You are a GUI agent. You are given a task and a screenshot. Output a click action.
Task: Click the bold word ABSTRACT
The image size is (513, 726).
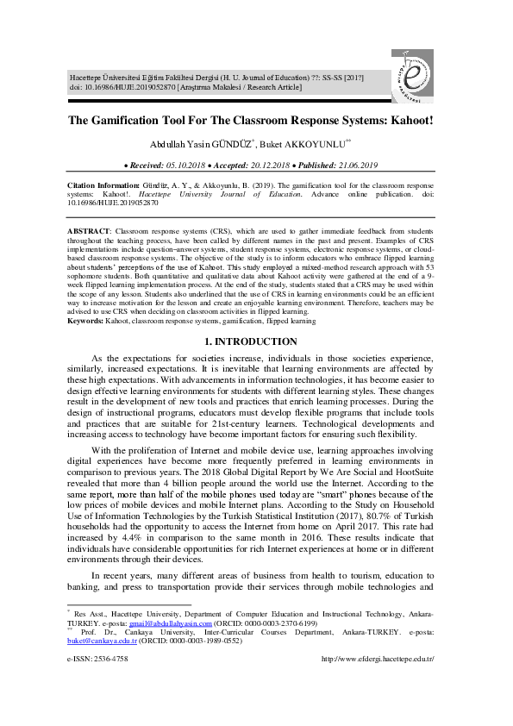coord(89,233)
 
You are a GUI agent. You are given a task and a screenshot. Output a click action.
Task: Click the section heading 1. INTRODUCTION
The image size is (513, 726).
coord(256,342)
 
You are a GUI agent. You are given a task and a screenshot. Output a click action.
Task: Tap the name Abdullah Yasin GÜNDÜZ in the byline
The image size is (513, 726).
coord(204,145)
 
